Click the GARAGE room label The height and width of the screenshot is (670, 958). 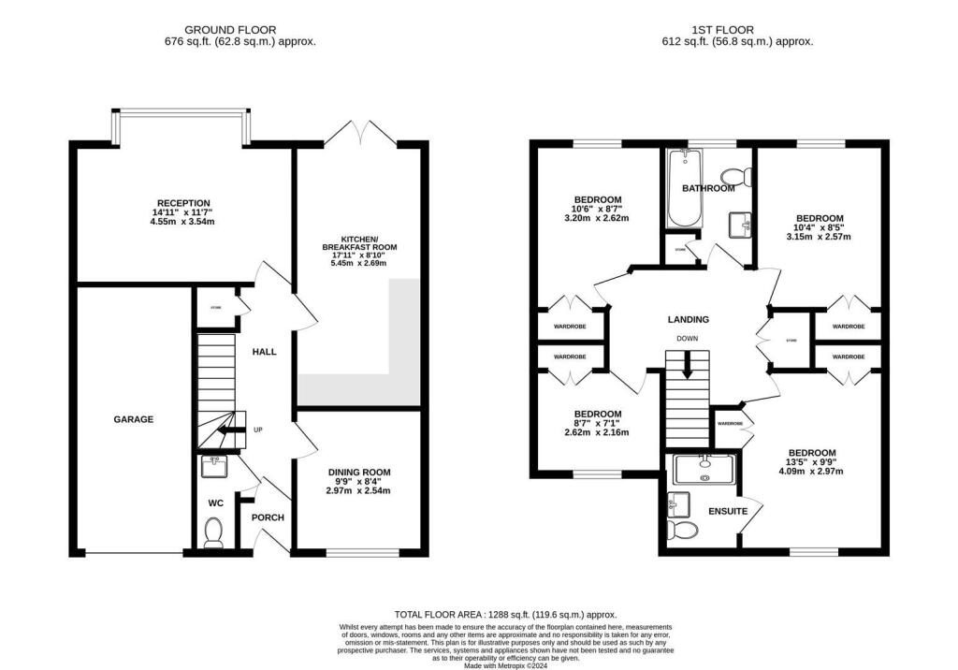pyautogui.click(x=134, y=420)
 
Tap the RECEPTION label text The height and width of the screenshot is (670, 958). pyautogui.click(x=183, y=203)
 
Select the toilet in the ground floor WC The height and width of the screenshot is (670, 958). pyautogui.click(x=213, y=532)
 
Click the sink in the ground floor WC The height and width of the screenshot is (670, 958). pyautogui.click(x=212, y=463)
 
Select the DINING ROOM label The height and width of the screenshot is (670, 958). pyautogui.click(x=358, y=473)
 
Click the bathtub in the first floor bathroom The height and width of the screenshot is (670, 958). pyautogui.click(x=677, y=187)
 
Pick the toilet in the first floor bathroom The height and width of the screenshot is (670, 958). pyautogui.click(x=735, y=175)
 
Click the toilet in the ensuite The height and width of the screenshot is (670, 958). pyautogui.click(x=684, y=532)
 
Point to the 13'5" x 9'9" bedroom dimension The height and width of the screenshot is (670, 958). pyautogui.click(x=811, y=462)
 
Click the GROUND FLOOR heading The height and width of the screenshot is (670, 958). pyautogui.click(x=216, y=30)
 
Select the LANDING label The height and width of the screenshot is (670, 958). pyautogui.click(x=688, y=319)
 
